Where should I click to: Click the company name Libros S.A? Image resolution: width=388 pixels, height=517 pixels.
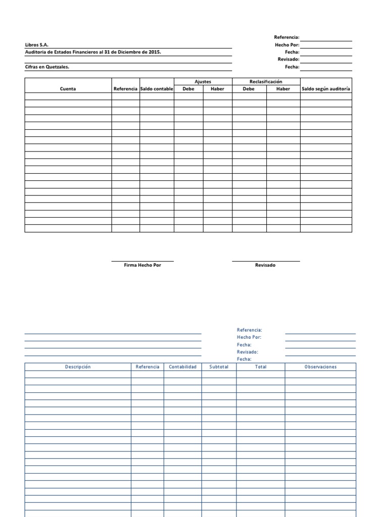[x=37, y=45]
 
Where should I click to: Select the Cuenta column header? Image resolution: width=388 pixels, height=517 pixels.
[x=68, y=89]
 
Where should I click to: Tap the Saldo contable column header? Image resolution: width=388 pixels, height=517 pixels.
[x=157, y=89]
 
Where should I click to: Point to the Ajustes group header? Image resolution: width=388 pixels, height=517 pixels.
[x=203, y=81]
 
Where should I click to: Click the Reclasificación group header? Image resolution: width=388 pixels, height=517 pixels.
[x=266, y=81]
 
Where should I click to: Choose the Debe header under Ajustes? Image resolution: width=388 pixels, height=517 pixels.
[x=188, y=89]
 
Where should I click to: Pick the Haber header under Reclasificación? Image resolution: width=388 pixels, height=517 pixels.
[x=283, y=89]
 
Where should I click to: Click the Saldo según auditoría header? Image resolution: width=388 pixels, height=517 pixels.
[x=326, y=89]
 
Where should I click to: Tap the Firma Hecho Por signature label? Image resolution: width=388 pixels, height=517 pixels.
[x=142, y=266]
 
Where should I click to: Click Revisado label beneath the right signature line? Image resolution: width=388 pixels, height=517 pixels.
[x=265, y=266]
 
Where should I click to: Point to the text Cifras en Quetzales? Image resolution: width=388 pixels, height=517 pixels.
[x=47, y=67]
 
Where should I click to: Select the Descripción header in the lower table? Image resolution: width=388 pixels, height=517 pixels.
[x=78, y=367]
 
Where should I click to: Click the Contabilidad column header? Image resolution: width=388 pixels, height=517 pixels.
[x=182, y=367]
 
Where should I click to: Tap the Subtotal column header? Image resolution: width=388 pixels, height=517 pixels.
[x=219, y=367]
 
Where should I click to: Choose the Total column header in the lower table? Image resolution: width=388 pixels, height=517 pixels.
[x=260, y=367]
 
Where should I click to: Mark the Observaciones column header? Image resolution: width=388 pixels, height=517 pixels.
[x=320, y=367]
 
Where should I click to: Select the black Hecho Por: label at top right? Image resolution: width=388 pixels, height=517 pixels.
[x=287, y=45]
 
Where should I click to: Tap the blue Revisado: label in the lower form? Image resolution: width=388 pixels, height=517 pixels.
[x=248, y=352]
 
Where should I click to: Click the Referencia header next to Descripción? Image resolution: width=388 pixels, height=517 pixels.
[x=148, y=367]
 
